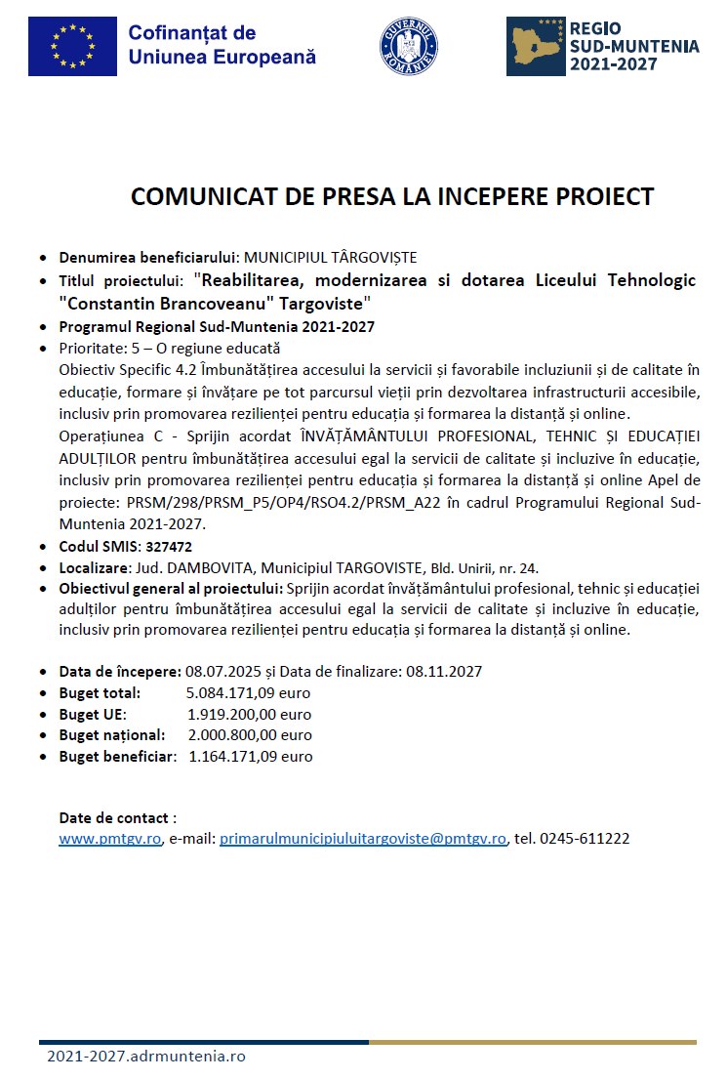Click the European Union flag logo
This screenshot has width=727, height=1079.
tap(72, 46)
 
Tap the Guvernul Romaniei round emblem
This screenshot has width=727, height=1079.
tap(408, 46)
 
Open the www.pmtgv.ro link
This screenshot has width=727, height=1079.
tap(109, 838)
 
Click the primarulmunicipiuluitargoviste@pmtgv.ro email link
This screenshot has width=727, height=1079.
tap(363, 838)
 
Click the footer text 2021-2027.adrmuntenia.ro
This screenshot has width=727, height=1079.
tap(146, 1057)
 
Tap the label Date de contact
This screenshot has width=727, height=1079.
tap(117, 817)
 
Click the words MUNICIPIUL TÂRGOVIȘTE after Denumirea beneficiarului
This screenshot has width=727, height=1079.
tap(330, 258)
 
